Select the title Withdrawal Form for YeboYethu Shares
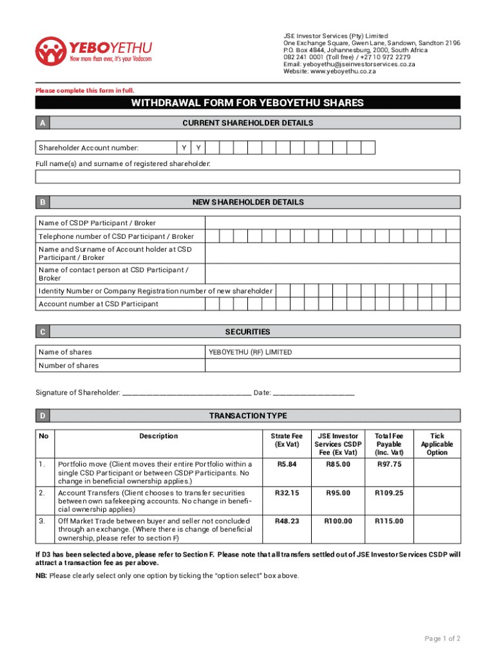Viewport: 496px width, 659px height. (x=247, y=103)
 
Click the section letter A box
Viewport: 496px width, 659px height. (x=43, y=123)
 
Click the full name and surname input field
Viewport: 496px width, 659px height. (x=247, y=177)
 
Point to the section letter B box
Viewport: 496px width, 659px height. (x=43, y=202)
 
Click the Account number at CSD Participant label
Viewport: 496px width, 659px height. (x=99, y=304)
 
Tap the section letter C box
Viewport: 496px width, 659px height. (x=43, y=332)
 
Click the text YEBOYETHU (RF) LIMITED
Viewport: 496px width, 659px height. (x=250, y=352)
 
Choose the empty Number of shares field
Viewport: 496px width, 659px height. (x=332, y=366)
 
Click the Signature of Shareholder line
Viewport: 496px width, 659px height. (x=186, y=393)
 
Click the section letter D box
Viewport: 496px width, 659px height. (x=43, y=416)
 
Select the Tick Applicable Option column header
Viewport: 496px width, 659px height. (x=437, y=444)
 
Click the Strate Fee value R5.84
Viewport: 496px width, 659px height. (x=287, y=464)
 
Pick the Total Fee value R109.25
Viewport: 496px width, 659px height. (x=388, y=493)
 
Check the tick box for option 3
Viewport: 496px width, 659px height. (x=437, y=529)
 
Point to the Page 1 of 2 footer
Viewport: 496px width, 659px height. (x=442, y=638)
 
